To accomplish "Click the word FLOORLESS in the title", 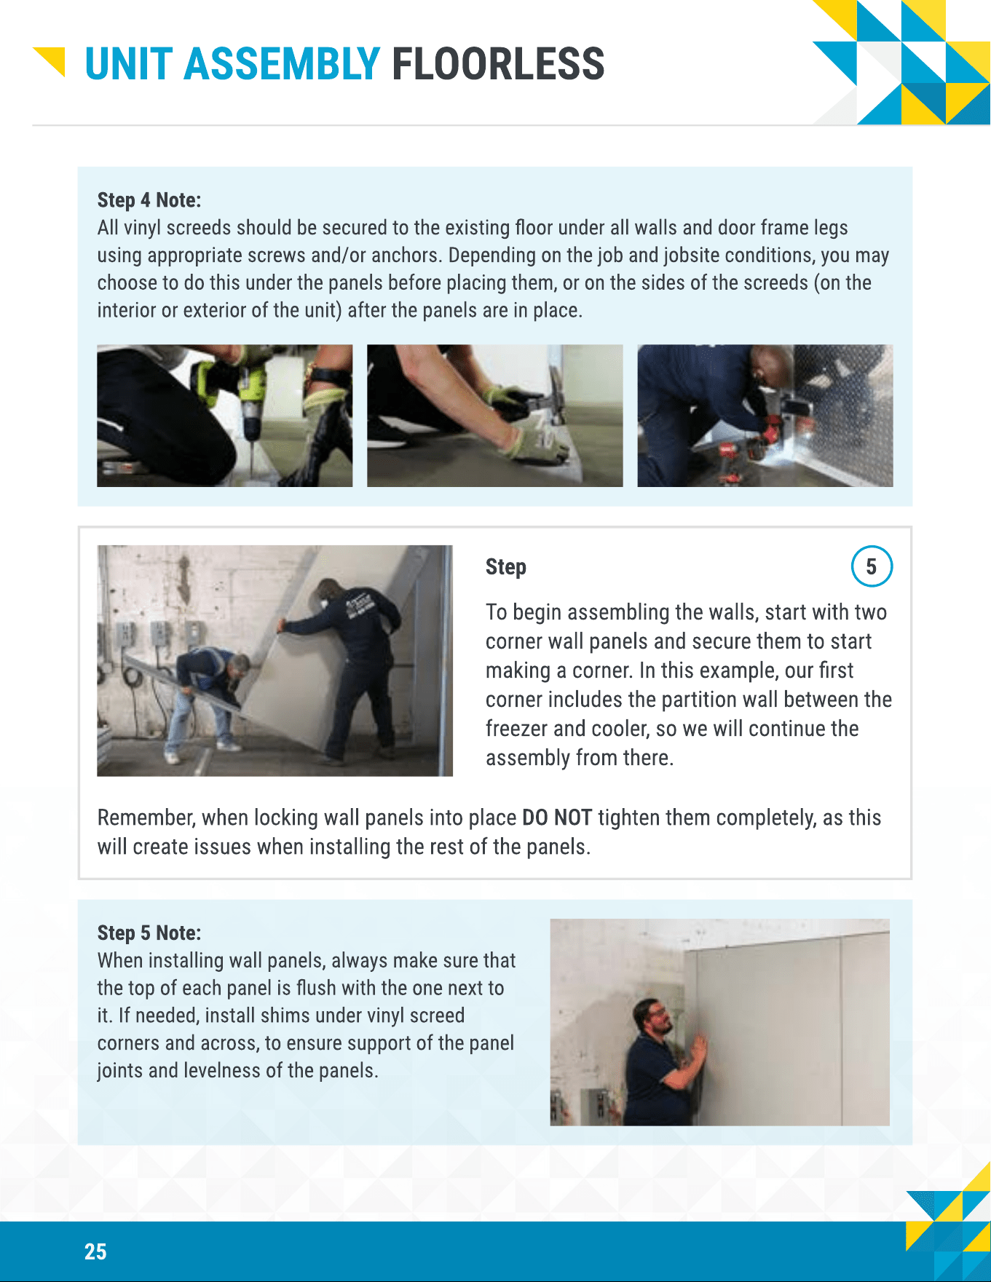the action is (x=498, y=63).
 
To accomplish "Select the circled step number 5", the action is (x=872, y=566).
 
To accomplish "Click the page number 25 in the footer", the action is (x=95, y=1251).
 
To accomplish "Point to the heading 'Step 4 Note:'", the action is (x=149, y=200).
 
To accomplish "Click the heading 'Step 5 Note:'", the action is (x=149, y=933).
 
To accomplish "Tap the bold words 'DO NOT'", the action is (x=557, y=818).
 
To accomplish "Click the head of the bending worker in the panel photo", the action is (x=237, y=666).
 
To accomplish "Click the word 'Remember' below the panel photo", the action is (x=146, y=818).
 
